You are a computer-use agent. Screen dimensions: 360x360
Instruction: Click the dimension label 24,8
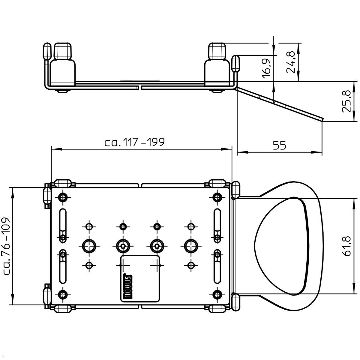coord(290,62)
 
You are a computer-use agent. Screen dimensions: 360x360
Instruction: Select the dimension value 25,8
coord(346,101)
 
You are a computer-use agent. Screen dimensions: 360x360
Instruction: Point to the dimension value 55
coord(279,145)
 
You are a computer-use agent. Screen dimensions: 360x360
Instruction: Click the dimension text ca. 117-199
coord(135,142)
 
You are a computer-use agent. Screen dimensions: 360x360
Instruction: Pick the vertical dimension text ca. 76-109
coord(6,246)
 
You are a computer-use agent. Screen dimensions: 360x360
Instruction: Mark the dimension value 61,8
coord(346,246)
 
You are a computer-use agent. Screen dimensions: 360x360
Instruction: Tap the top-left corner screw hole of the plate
coord(63,197)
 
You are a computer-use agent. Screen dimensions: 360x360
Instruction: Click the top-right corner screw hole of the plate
coord(217,197)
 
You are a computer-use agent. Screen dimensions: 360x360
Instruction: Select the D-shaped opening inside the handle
coord(280,246)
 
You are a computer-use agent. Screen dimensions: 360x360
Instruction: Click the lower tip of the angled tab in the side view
coord(322,119)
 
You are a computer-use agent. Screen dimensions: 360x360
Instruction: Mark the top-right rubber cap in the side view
coord(217,51)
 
